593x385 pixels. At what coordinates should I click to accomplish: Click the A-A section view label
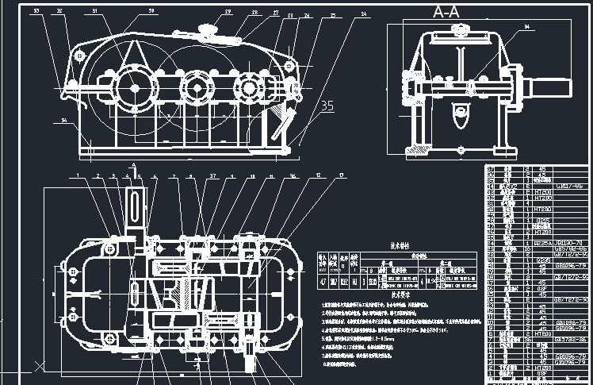[446, 13]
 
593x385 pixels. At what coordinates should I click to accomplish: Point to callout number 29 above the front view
[228, 12]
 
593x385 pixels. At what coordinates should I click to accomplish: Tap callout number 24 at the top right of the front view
[363, 14]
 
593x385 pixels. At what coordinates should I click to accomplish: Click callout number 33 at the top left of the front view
[36, 11]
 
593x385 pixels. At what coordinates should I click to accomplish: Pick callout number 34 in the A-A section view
[528, 28]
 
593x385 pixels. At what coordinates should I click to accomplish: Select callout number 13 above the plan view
[342, 175]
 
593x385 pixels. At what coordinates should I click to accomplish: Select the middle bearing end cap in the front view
[195, 86]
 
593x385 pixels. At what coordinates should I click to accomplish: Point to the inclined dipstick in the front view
[282, 124]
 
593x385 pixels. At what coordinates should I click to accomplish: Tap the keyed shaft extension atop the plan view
[136, 208]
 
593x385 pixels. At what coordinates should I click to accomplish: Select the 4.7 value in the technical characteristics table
[323, 280]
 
